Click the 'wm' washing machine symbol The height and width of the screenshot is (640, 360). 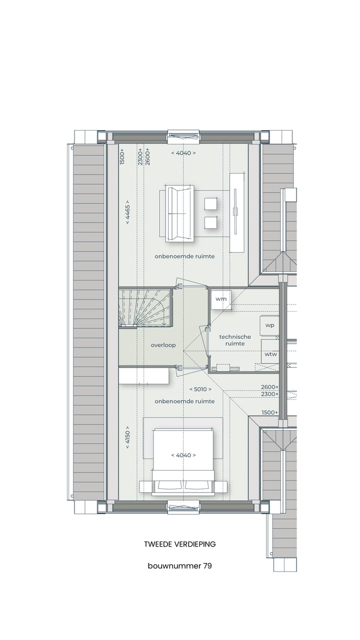coord(220,299)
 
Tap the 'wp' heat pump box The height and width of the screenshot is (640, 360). coord(269,325)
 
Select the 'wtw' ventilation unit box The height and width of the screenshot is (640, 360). coord(270,354)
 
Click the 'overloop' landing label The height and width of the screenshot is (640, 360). coord(163,345)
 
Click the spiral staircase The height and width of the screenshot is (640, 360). coord(145,307)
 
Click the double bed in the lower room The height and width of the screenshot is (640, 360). coord(183,460)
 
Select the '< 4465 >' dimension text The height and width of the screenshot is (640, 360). coord(128,214)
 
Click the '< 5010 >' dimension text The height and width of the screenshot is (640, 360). coord(200,389)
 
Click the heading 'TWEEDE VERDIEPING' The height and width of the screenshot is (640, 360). coord(179,544)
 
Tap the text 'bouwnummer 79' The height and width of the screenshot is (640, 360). coord(179,566)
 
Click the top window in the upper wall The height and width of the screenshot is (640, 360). coord(183,136)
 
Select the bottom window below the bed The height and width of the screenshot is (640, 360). coord(183,507)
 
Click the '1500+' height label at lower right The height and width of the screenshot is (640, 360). coord(269,412)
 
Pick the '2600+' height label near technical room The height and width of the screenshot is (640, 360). coord(269,387)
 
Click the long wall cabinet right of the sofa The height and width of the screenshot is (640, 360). coord(237,212)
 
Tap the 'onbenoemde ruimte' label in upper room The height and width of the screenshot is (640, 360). coord(184,256)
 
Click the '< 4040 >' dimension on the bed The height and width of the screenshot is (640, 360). coord(183,455)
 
